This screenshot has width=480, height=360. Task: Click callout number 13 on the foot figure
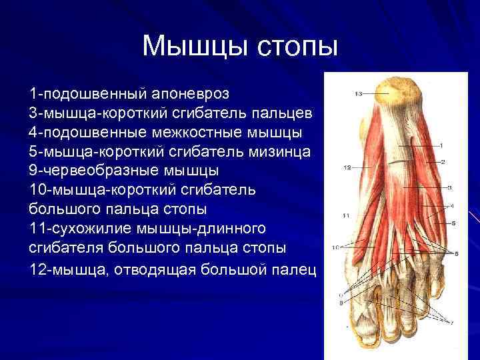point(358,95)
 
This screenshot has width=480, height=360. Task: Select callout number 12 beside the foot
point(347,167)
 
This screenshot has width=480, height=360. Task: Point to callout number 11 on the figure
point(345,215)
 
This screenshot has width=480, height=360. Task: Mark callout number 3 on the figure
point(450,187)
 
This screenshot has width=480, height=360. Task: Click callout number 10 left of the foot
point(337,247)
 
